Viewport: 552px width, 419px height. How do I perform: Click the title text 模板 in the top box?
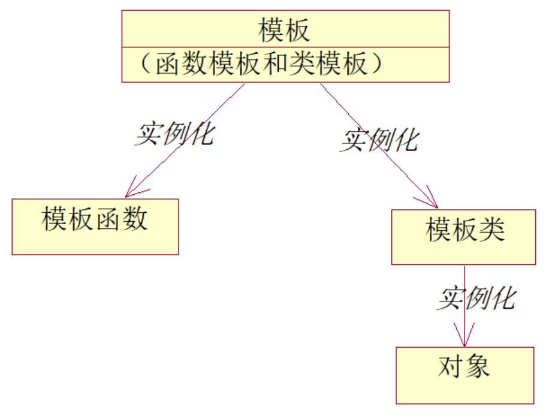[285, 29]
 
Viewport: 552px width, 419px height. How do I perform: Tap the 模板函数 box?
[95, 226]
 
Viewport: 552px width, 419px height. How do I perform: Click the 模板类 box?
[463, 236]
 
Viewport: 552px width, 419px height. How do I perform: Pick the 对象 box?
[464, 375]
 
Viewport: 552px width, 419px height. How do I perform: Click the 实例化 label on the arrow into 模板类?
[379, 140]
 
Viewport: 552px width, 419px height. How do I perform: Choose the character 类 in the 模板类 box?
[491, 229]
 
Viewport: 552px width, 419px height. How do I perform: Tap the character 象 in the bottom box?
[477, 366]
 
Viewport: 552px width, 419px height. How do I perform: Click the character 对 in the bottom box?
[451, 366]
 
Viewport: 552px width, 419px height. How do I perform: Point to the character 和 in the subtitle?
[275, 64]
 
